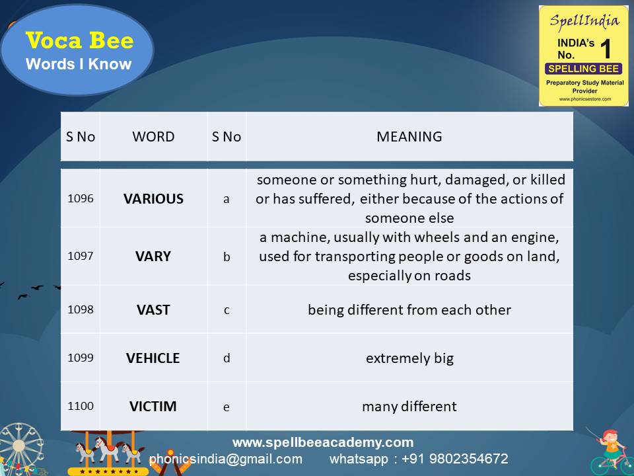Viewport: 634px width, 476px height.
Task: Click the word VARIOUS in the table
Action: (x=153, y=198)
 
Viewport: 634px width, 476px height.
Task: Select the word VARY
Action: (x=153, y=257)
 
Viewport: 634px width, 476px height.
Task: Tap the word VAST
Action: (x=153, y=309)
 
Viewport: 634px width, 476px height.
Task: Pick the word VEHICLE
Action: (x=153, y=358)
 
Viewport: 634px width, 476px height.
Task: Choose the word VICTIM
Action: (x=153, y=407)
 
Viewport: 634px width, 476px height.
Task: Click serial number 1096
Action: (x=81, y=198)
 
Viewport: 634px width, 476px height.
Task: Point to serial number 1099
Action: (x=81, y=358)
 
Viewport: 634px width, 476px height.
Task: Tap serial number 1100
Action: (x=81, y=407)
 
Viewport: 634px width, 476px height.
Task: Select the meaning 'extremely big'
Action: (x=409, y=358)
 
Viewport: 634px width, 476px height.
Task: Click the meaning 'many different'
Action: (x=409, y=407)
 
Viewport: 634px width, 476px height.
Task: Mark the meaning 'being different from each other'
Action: (x=409, y=309)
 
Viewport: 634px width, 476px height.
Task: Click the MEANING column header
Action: (x=409, y=137)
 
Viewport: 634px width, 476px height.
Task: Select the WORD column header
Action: (x=153, y=137)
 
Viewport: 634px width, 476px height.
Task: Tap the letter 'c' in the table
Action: (x=227, y=309)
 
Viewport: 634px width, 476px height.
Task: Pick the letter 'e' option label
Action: (x=227, y=407)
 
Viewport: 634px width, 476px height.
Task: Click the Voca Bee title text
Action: (x=79, y=41)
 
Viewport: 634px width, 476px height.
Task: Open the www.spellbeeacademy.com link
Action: (x=323, y=442)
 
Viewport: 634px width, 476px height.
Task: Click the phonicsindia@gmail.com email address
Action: (x=226, y=459)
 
